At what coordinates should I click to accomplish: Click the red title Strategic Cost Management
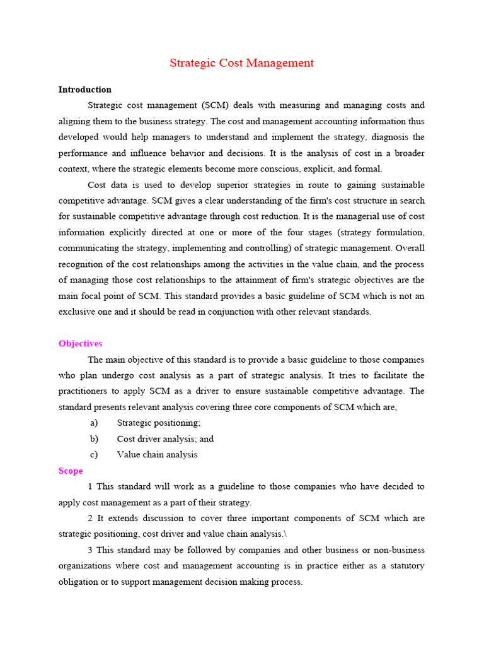pyautogui.click(x=241, y=63)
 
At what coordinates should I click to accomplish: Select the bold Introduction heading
pyautogui.click(x=85, y=90)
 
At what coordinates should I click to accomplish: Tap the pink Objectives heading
pyautogui.click(x=80, y=344)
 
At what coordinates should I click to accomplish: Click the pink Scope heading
pyautogui.click(x=71, y=471)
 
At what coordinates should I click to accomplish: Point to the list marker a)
pyautogui.click(x=94, y=423)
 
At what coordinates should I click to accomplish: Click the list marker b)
pyautogui.click(x=94, y=439)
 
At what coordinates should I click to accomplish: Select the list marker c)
pyautogui.click(x=94, y=455)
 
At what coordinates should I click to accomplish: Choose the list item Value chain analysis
pyautogui.click(x=157, y=455)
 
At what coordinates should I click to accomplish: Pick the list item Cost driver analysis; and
pyautogui.click(x=165, y=439)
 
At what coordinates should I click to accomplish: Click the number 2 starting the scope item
pyautogui.click(x=91, y=519)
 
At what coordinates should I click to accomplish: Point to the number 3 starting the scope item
pyautogui.click(x=91, y=550)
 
